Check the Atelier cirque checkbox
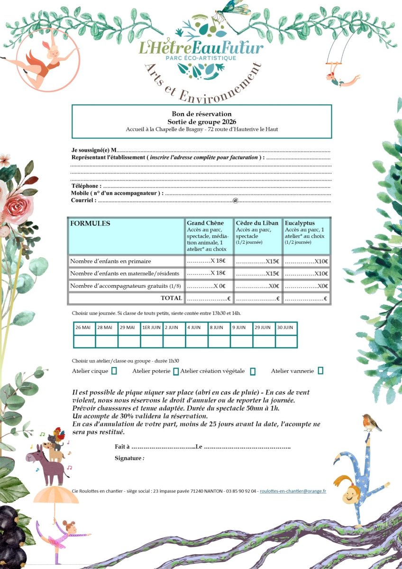pyautogui.click(x=114, y=371)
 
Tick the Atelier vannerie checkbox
pyautogui.click(x=321, y=370)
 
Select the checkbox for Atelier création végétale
pyautogui.click(x=253, y=371)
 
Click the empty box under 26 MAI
pyautogui.click(x=84, y=341)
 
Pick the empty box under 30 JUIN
pyautogui.click(x=286, y=341)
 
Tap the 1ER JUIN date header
pyautogui.click(x=152, y=328)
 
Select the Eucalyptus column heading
pyautogui.click(x=300, y=223)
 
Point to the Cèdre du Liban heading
pyautogui.click(x=257, y=223)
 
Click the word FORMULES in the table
pyautogui.click(x=90, y=223)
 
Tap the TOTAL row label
pyautogui.click(x=171, y=298)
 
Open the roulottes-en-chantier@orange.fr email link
pyautogui.click(x=293, y=491)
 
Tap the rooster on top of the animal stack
pyautogui.click(x=58, y=435)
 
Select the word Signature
pyautogui.click(x=128, y=458)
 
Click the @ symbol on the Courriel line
pyautogui.click(x=235, y=201)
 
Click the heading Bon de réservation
pyautogui.click(x=201, y=114)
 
